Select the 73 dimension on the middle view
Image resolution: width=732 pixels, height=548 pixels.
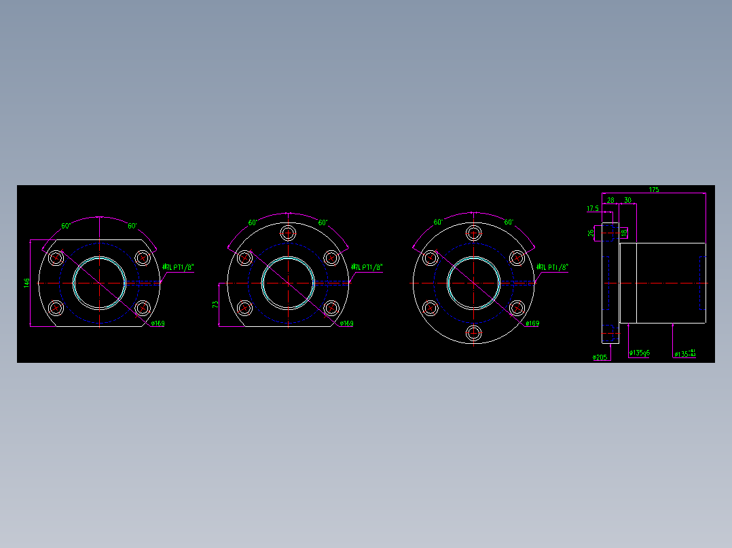point(215,305)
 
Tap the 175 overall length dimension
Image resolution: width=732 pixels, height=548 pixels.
point(653,189)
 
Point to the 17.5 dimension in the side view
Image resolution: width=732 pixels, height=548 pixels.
point(592,209)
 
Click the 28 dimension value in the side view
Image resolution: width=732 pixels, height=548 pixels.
point(610,200)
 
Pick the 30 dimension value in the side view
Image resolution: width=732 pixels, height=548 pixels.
point(627,200)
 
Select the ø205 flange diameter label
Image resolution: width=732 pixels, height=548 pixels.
point(600,357)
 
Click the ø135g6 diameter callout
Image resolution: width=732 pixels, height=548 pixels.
point(639,353)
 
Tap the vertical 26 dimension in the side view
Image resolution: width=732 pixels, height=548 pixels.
point(591,233)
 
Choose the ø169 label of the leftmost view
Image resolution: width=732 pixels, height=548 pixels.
point(157,324)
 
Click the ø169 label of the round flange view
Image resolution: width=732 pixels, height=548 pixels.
point(532,324)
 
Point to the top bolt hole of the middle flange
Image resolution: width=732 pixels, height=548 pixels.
point(289,233)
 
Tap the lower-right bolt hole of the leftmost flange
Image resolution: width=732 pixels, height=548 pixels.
point(143,309)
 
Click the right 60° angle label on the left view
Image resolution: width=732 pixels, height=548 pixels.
point(132,226)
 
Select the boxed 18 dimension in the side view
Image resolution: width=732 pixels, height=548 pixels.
point(623,233)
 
